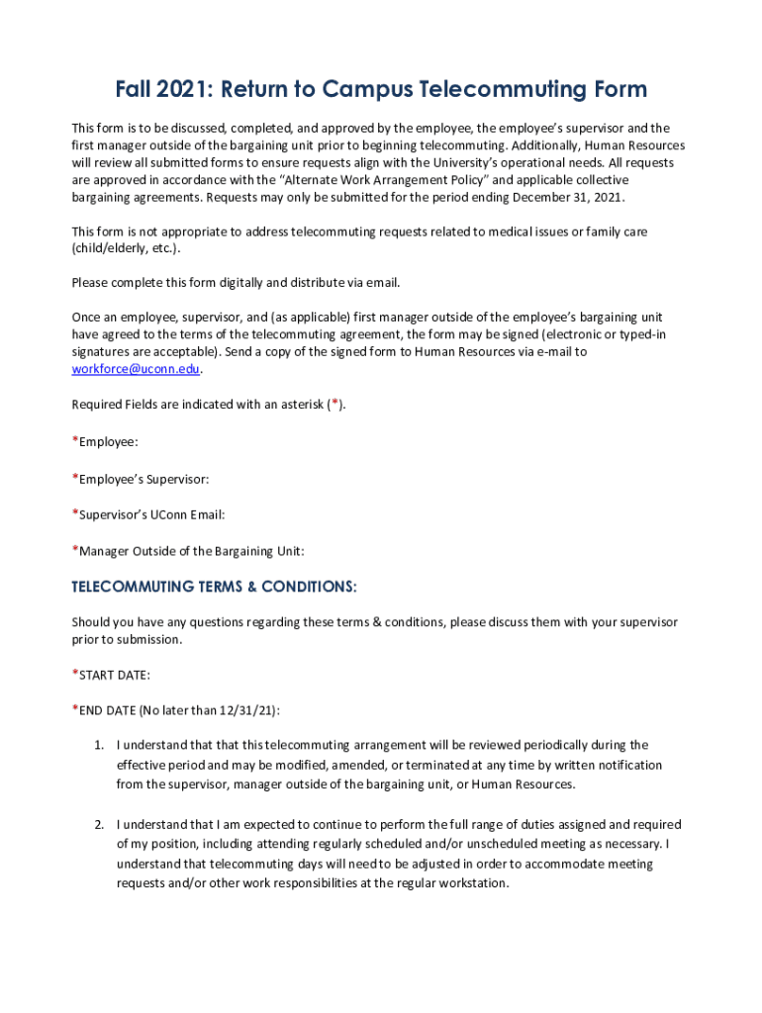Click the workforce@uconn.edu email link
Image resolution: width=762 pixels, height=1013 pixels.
(136, 369)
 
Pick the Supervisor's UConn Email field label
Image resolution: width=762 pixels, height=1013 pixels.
(148, 514)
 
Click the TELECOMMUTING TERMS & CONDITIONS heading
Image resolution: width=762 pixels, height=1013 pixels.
(214, 587)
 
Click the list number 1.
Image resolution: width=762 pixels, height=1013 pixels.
(99, 745)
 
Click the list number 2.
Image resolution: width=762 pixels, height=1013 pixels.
(99, 824)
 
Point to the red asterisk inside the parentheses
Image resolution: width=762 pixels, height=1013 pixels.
(336, 405)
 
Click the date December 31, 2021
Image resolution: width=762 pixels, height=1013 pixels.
(568, 198)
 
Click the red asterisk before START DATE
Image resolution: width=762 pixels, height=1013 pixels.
(74, 674)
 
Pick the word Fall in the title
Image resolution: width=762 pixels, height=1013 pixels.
(135, 90)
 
